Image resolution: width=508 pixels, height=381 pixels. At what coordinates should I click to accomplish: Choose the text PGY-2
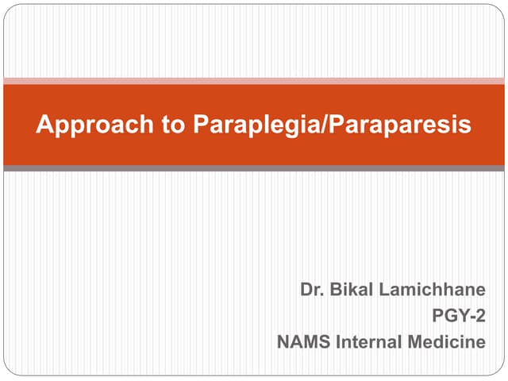point(458,317)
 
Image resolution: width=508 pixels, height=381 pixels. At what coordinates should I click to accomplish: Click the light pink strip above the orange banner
point(254,80)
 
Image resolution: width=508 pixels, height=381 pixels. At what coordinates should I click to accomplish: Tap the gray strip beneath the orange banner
point(254,168)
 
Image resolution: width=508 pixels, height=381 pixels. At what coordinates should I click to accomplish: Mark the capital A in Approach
point(44,125)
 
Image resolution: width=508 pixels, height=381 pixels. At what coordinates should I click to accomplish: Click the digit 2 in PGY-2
point(479,317)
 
